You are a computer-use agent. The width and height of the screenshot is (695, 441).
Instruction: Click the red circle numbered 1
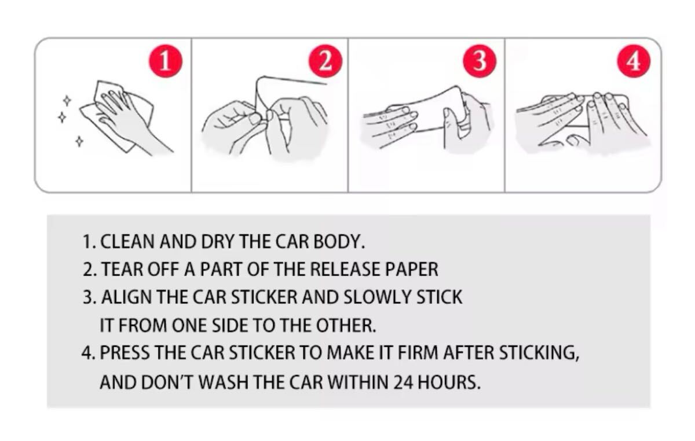point(166,61)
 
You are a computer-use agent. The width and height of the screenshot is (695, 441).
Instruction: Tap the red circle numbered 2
point(325,61)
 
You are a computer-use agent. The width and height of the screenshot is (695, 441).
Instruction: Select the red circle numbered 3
point(480,61)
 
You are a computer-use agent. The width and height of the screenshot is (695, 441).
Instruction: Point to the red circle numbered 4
point(633,61)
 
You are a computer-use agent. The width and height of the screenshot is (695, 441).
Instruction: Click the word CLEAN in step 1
point(127,241)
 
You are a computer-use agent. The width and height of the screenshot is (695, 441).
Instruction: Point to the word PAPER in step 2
point(412,269)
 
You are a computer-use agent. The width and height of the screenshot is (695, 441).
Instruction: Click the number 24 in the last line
point(403,382)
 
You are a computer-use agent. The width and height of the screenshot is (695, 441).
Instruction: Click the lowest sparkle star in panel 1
point(79,141)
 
